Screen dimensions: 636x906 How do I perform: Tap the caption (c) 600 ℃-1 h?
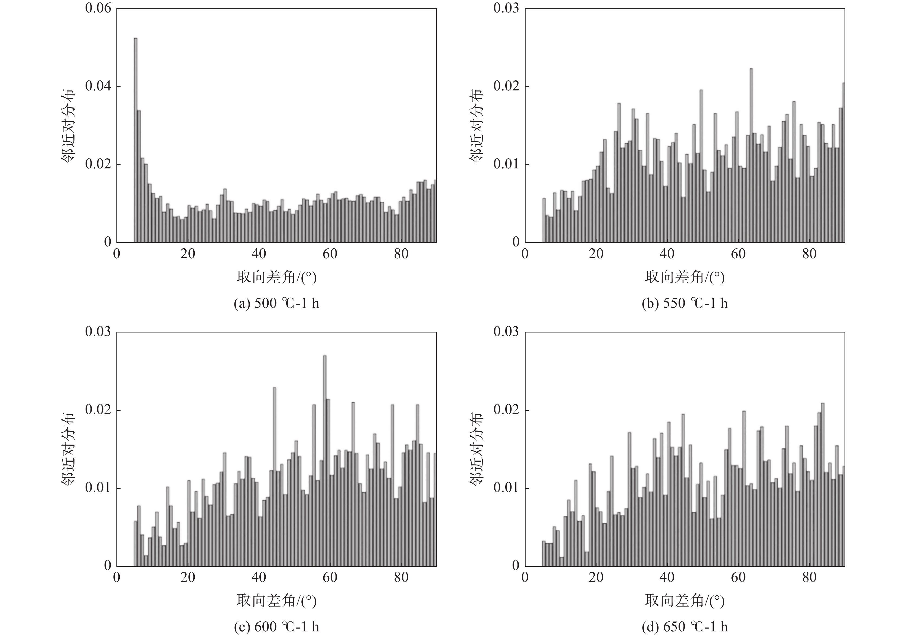[x=276, y=627]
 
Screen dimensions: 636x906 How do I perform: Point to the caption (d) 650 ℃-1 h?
[x=685, y=627]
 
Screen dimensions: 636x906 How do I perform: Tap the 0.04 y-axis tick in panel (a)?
[x=98, y=86]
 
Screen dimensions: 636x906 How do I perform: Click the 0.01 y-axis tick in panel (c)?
[x=98, y=488]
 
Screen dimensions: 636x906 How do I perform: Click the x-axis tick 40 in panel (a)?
[x=259, y=254]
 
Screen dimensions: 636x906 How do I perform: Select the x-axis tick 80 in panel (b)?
[x=809, y=254]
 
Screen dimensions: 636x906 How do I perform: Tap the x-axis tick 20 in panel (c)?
[x=188, y=577]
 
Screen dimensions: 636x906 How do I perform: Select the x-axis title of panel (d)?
[x=685, y=601]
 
